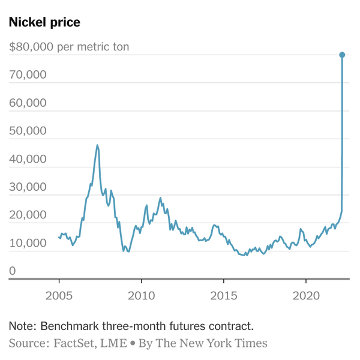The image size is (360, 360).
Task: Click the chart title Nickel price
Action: tap(44, 22)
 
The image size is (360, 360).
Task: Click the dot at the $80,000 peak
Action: tap(342, 55)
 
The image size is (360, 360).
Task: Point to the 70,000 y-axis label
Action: tap(28, 75)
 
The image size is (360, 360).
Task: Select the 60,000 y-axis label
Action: tap(28, 103)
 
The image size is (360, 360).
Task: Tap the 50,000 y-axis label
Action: tap(28, 131)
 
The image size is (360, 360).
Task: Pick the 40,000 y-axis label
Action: tap(28, 159)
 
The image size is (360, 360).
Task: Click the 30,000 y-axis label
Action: tap(28, 187)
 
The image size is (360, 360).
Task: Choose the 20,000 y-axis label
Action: tap(28, 215)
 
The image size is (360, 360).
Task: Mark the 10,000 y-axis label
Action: tap(28, 244)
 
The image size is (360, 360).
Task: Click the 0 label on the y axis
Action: tap(13, 272)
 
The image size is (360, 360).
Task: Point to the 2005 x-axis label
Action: tap(59, 296)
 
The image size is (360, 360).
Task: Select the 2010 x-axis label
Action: tap(141, 296)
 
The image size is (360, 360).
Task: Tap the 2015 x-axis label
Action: tap(223, 296)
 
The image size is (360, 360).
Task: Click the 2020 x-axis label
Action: tap(305, 296)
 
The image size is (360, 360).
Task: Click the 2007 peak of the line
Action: tap(97, 145)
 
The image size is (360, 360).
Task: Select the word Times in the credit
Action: tap(252, 343)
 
